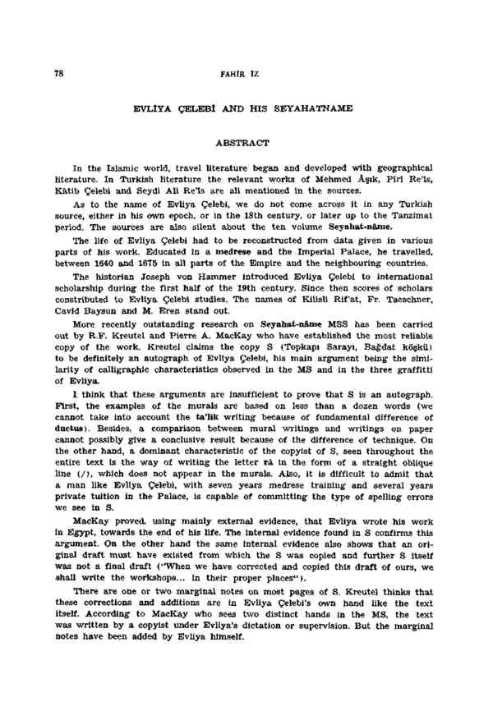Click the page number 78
(58, 73)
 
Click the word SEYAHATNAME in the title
(321, 107)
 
